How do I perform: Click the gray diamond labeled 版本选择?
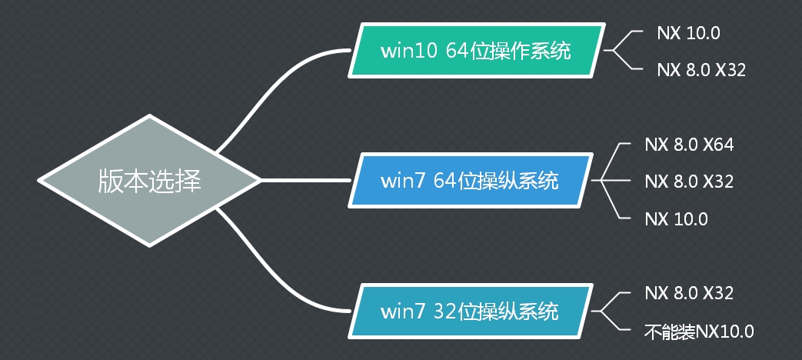(149, 182)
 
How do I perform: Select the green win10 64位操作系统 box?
(475, 52)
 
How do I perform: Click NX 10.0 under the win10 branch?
(688, 33)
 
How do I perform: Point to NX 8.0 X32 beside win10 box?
(701, 70)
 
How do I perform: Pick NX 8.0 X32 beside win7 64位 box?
(689, 182)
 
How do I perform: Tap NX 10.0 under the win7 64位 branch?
(677, 218)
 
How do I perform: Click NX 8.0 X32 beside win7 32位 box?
(689, 293)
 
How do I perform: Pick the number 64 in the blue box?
(445, 181)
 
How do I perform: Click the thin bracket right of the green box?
(624, 52)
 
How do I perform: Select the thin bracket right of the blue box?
(611, 182)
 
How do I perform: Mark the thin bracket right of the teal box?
(611, 312)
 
